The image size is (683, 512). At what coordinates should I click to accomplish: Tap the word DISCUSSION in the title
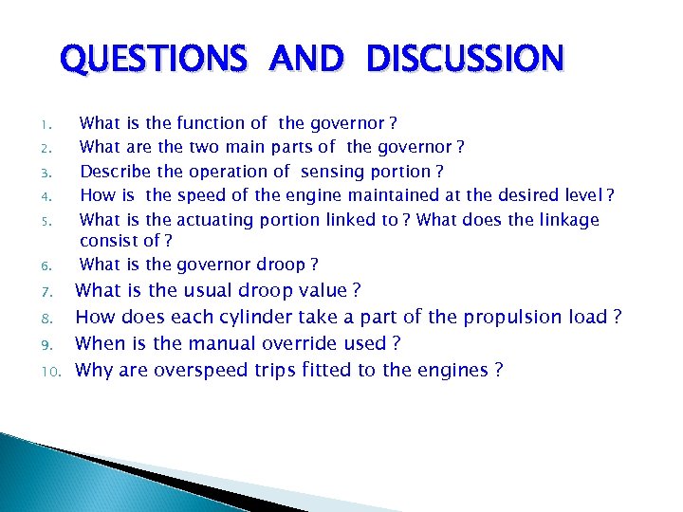pos(464,59)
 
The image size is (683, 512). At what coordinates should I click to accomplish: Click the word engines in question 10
pos(449,370)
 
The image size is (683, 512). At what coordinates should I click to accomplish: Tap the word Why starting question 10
pos(94,370)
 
